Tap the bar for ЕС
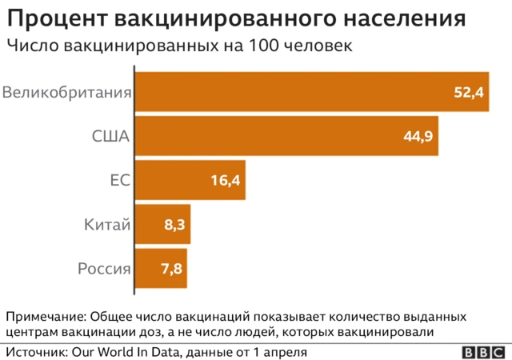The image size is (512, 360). pyautogui.click(x=190, y=180)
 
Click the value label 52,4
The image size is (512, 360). pyautogui.click(x=469, y=93)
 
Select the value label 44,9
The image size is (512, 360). pyautogui.click(x=418, y=137)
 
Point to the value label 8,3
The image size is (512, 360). pyautogui.click(x=174, y=226)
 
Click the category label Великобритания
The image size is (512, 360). pyautogui.click(x=66, y=93)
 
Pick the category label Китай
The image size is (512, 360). pyautogui.click(x=107, y=226)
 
